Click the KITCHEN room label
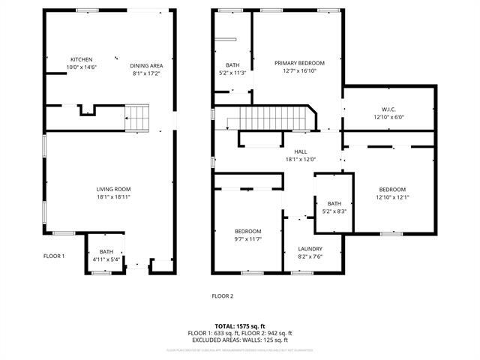[x=81, y=59]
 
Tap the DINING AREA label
[x=147, y=66]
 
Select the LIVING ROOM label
[x=113, y=189]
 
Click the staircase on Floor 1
[x=137, y=118]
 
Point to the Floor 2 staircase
[x=274, y=118]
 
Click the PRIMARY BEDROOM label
[x=299, y=63]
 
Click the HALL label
[x=300, y=151]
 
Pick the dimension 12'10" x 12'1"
[x=392, y=197]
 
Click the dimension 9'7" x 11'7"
[x=248, y=238]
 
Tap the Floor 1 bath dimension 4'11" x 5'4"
[x=106, y=259]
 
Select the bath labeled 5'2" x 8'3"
[x=334, y=211]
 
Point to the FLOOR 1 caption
[x=54, y=256]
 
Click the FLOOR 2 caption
[x=222, y=296]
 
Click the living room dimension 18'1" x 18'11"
[x=113, y=196]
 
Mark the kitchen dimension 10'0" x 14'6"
[x=81, y=67]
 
